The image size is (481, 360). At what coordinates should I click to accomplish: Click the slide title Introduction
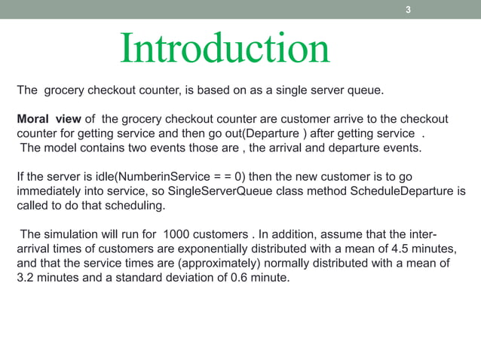coord(225,49)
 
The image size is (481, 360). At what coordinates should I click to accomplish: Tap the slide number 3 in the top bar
coord(408,10)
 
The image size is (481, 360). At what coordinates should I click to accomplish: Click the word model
coord(61,147)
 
